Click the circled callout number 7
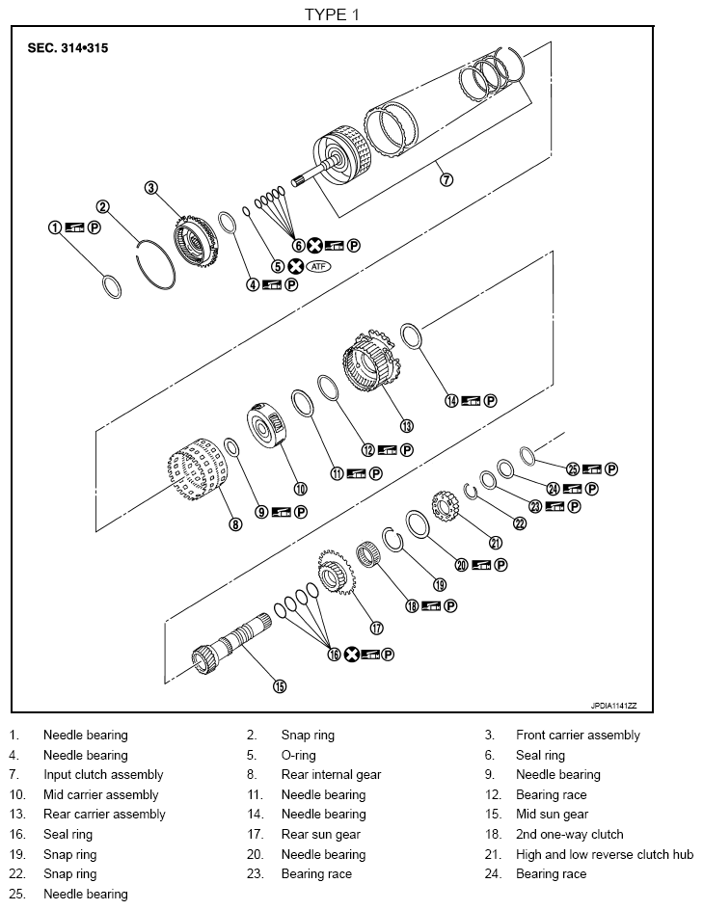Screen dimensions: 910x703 click(445, 179)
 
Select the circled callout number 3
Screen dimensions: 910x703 click(151, 188)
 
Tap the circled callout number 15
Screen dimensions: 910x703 click(279, 686)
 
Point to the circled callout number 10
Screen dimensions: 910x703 click(300, 488)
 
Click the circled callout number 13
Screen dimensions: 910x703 click(406, 424)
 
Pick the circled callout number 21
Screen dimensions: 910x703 click(496, 543)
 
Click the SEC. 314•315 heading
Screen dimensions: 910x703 click(68, 47)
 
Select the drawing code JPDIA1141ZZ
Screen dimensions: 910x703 click(621, 705)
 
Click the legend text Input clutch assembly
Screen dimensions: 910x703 click(103, 775)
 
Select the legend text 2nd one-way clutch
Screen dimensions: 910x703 click(569, 835)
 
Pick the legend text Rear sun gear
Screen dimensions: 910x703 click(320, 835)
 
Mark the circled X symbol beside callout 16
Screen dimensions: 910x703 click(352, 655)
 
